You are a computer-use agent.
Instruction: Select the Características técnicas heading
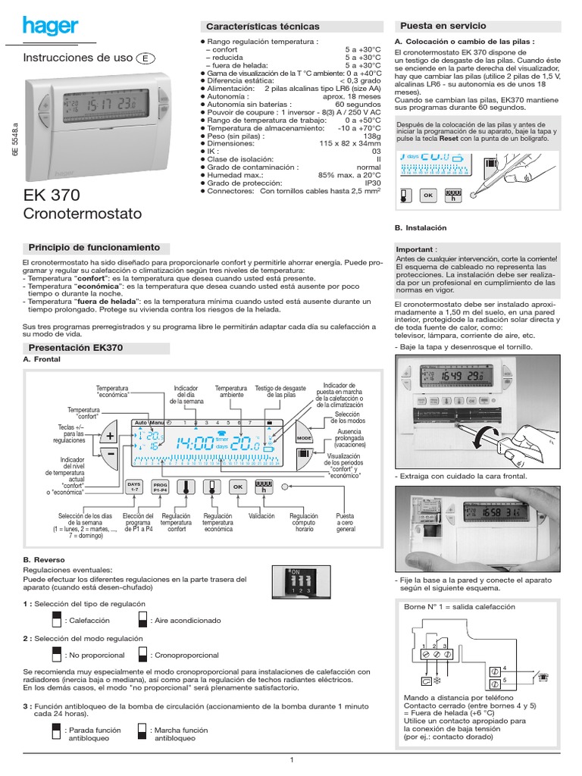(258, 27)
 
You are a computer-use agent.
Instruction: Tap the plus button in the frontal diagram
(110, 436)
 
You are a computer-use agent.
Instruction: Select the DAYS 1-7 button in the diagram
(134, 487)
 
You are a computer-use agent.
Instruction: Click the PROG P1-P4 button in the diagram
(160, 487)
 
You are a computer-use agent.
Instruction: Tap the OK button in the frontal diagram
(237, 487)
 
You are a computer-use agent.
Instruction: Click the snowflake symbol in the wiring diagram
(437, 681)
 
